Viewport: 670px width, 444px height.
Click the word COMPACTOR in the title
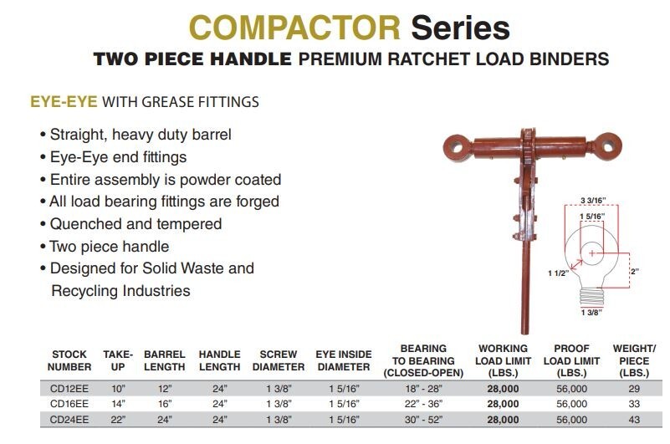[295, 28]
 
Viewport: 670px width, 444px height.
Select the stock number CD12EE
[69, 389]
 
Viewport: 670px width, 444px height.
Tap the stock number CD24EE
[69, 419]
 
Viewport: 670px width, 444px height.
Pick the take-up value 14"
[118, 404]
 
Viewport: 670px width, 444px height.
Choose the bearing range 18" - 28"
[424, 389]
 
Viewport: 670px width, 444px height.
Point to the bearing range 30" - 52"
[424, 419]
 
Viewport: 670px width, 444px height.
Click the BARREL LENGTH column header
[164, 360]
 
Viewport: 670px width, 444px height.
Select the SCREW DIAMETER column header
[278, 360]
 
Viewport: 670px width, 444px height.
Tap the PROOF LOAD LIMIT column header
[571, 360]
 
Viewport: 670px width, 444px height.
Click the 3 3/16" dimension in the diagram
[593, 201]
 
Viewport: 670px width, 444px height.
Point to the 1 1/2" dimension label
[559, 273]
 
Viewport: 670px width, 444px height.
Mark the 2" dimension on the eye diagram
[634, 272]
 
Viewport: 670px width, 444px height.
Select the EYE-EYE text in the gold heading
[64, 102]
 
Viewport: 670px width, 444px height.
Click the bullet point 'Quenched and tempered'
[136, 224]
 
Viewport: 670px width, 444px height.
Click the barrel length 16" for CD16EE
[164, 404]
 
